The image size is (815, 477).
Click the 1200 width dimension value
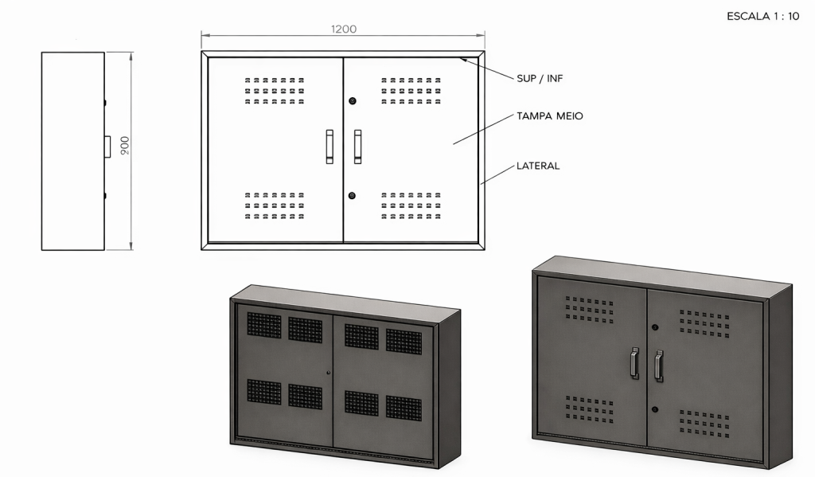(344, 29)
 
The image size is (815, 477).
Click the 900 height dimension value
(125, 145)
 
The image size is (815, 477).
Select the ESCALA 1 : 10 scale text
(762, 16)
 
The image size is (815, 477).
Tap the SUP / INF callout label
(540, 78)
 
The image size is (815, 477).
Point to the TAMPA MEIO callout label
(550, 116)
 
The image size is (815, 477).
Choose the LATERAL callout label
(538, 166)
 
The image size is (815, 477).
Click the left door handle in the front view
(330, 147)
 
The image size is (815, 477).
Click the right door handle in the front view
(358, 147)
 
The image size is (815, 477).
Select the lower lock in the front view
(352, 195)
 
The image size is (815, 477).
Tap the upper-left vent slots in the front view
(275, 91)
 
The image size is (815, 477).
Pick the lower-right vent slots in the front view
(411, 205)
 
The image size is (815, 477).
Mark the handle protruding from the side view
(107, 146)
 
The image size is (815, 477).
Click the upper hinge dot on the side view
(105, 102)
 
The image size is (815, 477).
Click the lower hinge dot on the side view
(105, 195)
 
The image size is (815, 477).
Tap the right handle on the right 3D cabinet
(658, 366)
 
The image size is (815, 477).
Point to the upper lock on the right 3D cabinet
(655, 327)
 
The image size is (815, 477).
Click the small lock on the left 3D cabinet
(329, 373)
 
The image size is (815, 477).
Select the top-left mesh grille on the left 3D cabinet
(264, 325)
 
